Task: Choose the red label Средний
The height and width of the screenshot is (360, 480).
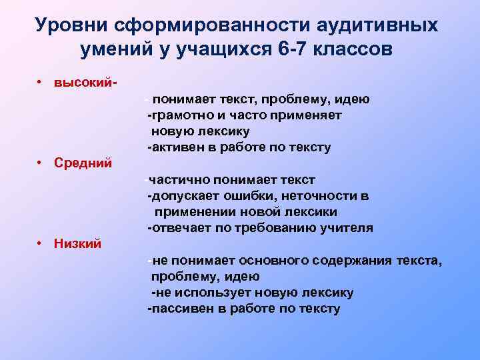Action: pyautogui.click(x=83, y=163)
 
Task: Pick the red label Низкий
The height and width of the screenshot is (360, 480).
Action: pyautogui.click(x=78, y=243)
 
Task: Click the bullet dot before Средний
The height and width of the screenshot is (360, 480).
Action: pyautogui.click(x=41, y=163)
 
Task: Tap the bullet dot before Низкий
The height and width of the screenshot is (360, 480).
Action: pyautogui.click(x=41, y=243)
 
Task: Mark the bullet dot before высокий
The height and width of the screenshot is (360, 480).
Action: pyautogui.click(x=41, y=83)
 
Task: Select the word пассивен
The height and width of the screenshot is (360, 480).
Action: pyautogui.click(x=177, y=309)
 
